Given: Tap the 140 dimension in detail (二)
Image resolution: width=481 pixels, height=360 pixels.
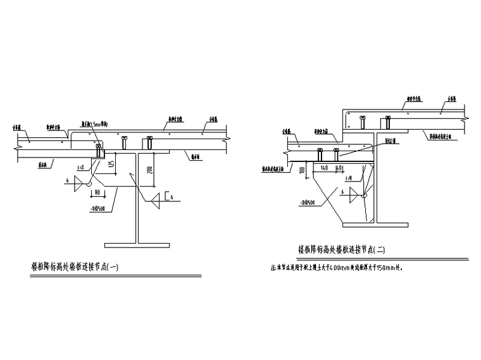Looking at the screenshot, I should [324, 168].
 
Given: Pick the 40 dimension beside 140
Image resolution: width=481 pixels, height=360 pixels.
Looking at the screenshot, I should [340, 168].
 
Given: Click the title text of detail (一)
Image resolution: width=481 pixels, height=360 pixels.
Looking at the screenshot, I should [75, 266].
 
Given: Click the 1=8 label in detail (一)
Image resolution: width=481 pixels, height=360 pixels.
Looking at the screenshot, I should [80, 168].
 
